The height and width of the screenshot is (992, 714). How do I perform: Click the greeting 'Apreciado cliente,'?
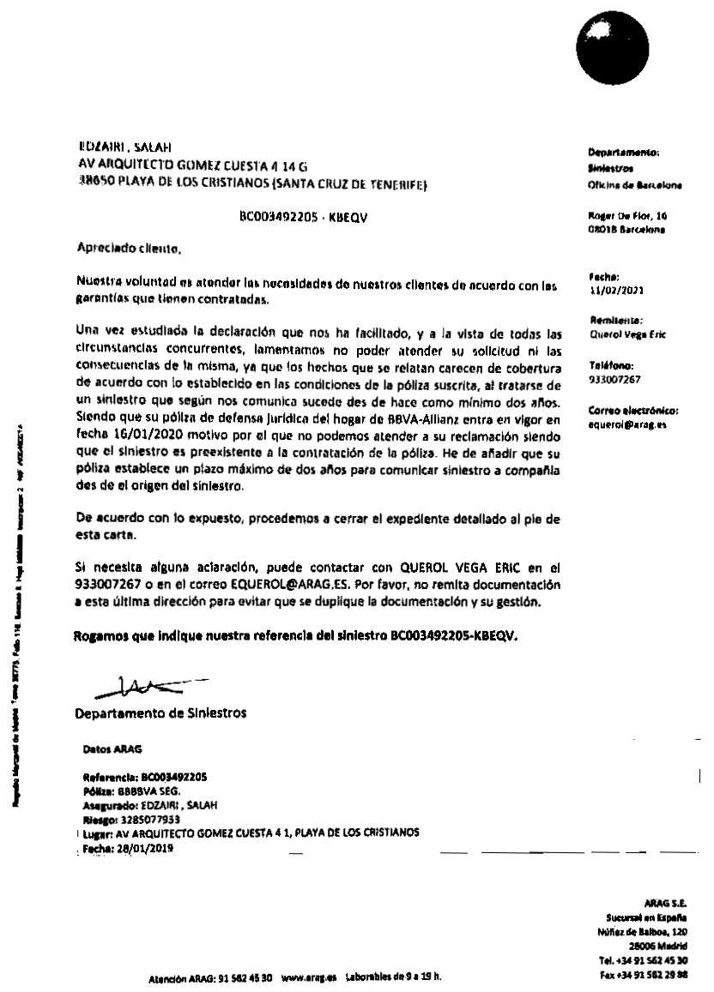point(128,250)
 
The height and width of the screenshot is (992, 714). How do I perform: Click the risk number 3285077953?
point(149,818)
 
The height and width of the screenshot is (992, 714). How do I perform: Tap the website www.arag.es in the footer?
point(306,977)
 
